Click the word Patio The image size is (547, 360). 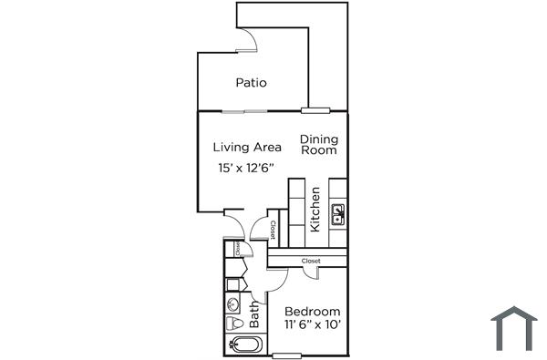point(251,83)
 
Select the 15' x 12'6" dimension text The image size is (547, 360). point(246,169)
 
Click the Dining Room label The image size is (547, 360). point(319,145)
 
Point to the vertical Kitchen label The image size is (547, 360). point(315,210)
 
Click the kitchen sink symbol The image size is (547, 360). point(338,217)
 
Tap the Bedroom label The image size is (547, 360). point(313,311)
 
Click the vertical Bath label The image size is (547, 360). point(254,315)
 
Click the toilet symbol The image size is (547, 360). point(232,324)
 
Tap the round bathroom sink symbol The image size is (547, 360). point(232,305)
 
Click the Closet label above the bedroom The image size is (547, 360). point(311,262)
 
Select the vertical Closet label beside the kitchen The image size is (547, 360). point(273,229)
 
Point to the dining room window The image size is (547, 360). point(315,111)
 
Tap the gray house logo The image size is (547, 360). point(513,328)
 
